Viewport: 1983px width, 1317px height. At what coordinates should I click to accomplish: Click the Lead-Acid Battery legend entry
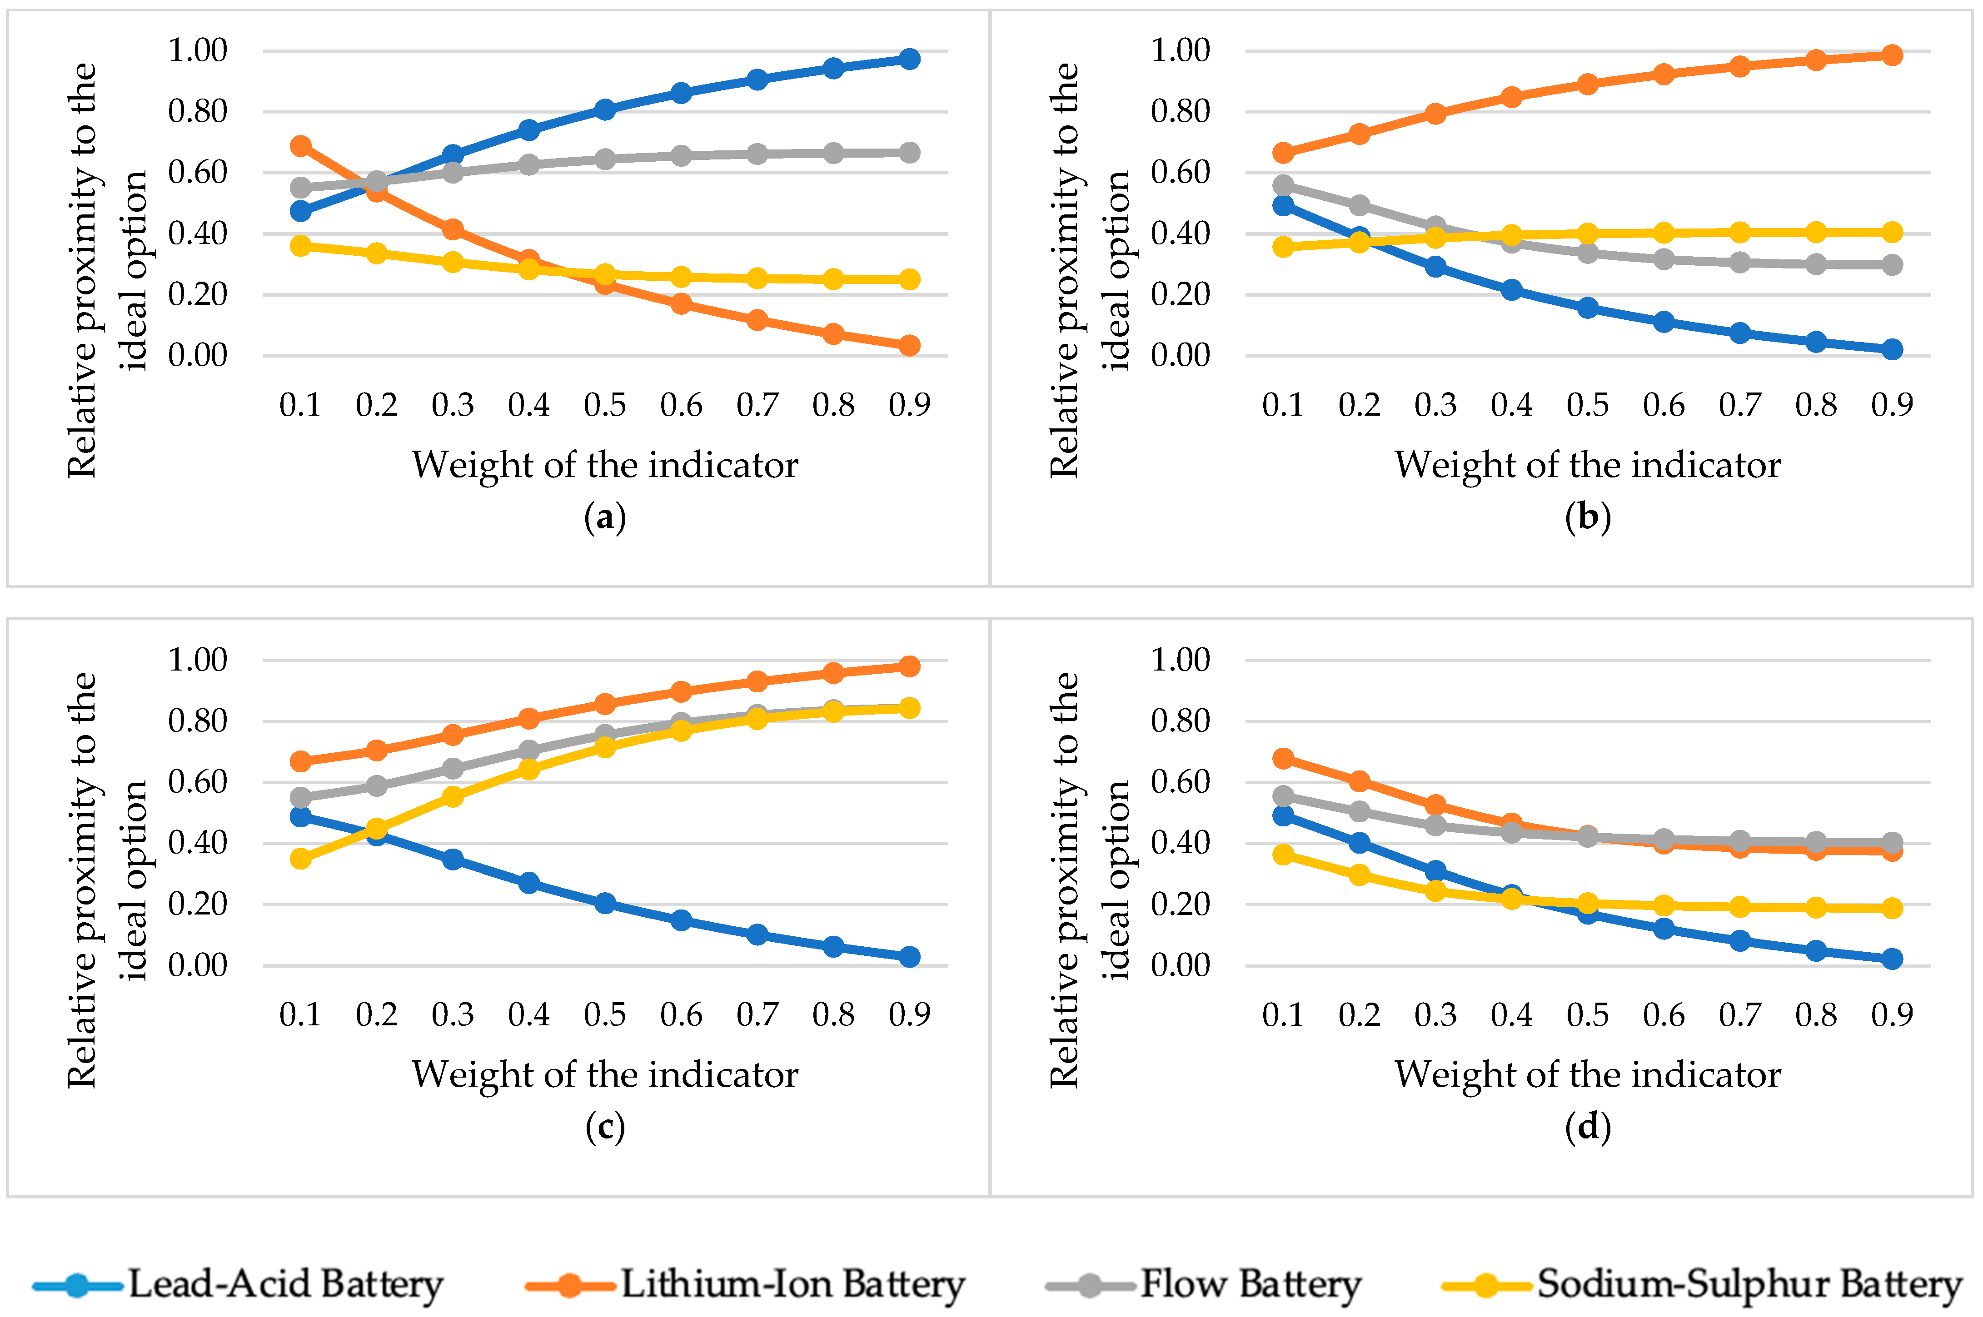pos(238,1284)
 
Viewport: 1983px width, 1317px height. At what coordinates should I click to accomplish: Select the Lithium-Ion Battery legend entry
pos(745,1284)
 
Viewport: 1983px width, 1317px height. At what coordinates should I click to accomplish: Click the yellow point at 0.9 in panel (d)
pos(1892,908)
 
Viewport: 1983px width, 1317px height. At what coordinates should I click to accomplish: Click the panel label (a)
pos(605,517)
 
